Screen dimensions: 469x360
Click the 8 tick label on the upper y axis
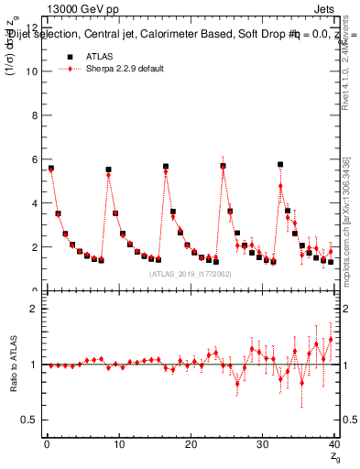click(x=33, y=115)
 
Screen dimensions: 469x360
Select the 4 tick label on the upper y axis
click(x=33, y=203)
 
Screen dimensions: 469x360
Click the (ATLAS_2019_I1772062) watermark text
click(x=189, y=273)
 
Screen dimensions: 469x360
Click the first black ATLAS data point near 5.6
click(x=51, y=169)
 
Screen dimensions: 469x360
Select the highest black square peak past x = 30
click(x=280, y=164)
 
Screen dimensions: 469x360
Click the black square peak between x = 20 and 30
click(x=223, y=166)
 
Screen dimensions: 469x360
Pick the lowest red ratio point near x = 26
click(x=237, y=384)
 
